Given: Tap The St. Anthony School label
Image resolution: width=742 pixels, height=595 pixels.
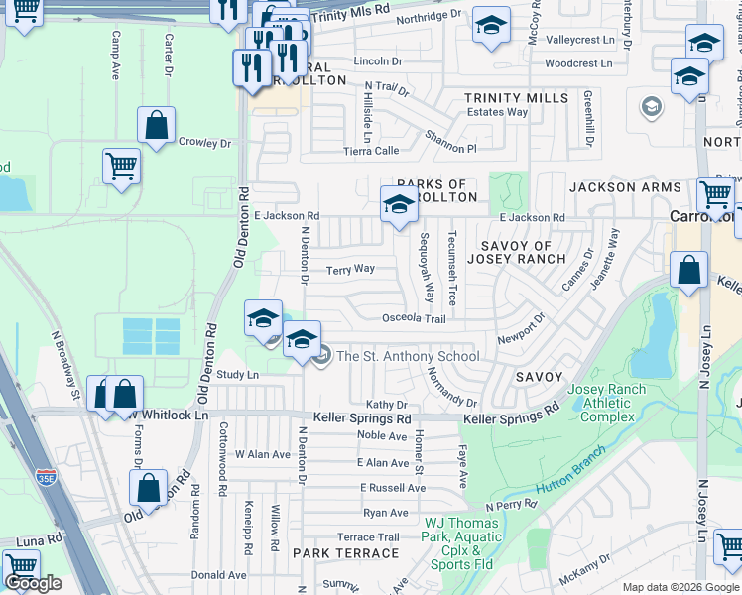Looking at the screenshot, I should pos(408,357).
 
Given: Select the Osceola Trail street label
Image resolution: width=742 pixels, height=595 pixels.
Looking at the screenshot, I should pos(415,318).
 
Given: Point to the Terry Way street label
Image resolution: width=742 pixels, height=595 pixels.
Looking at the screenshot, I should pos(351,269).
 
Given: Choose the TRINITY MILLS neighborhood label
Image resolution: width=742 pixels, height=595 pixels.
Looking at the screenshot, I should pos(517,98).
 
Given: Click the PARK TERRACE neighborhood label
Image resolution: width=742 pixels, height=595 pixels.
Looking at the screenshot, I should pos(338,551).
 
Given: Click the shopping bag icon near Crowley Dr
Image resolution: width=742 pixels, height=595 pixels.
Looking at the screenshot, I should pos(157,126).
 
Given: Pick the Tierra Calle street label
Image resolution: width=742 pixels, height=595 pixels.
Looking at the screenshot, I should pos(371,151).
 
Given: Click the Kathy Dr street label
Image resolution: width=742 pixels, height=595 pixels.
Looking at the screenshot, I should pos(387,405).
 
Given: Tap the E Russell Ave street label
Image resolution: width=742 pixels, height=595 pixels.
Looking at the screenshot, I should pos(393,488).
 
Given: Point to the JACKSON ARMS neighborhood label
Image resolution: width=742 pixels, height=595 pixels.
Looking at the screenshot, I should pos(625,187).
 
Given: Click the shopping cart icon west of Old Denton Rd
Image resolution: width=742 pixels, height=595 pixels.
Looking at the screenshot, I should pos(121,167).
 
